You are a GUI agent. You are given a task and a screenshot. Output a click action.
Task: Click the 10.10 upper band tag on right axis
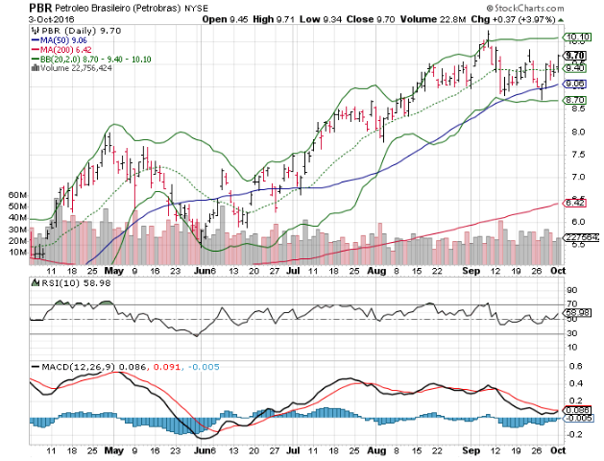tap(576, 38)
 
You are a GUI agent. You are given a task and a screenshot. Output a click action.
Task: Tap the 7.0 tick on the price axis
tap(573, 177)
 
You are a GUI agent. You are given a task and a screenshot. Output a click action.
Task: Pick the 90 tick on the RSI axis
tap(571, 289)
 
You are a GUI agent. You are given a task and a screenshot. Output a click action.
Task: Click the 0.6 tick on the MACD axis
tap(573, 366)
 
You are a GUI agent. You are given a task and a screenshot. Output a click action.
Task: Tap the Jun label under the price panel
tap(202, 272)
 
